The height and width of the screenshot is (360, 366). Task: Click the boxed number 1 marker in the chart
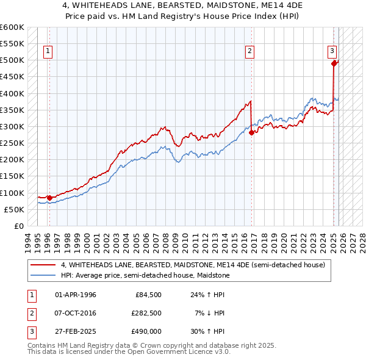tap(48, 52)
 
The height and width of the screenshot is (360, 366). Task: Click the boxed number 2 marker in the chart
tap(250, 52)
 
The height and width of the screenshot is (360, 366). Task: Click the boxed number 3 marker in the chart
tap(332, 52)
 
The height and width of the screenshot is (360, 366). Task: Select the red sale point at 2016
tap(251, 132)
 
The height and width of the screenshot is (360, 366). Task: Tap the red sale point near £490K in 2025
tap(334, 63)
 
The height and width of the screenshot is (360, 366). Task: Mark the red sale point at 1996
tap(49, 198)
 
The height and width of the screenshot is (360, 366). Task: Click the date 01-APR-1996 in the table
tap(75, 295)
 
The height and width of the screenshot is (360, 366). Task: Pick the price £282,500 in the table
tap(146, 313)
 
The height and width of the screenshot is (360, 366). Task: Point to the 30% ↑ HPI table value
tap(208, 331)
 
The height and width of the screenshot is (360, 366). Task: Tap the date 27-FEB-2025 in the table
tap(75, 331)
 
